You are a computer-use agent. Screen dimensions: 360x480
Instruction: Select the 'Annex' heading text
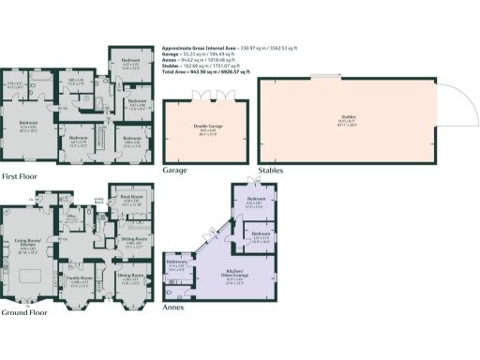coord(173,307)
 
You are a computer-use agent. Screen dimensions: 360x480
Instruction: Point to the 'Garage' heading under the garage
coord(176,172)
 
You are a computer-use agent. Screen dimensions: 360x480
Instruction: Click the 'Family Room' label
coord(80,278)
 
